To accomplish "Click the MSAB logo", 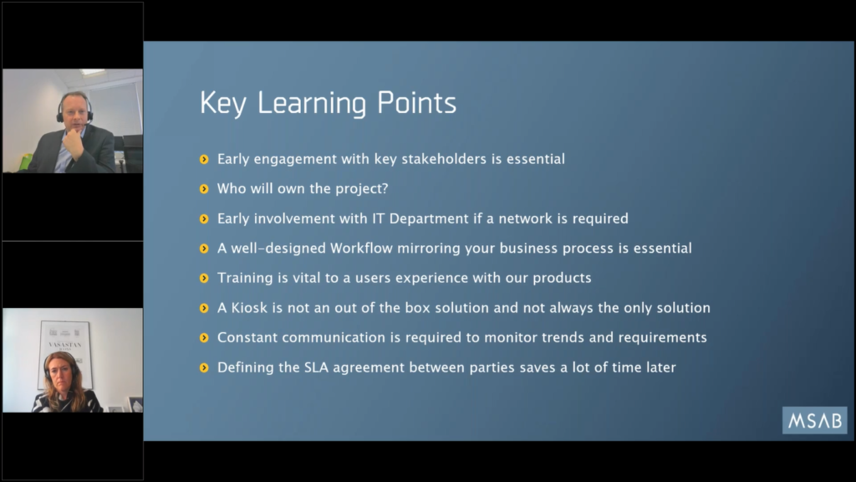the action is [814, 420].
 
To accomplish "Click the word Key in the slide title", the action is [223, 104].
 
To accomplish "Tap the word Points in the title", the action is [416, 102].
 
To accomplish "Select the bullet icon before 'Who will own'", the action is [204, 189].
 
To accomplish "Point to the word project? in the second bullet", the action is [362, 189].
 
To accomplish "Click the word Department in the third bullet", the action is [429, 218].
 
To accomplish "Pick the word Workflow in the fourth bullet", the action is [361, 248].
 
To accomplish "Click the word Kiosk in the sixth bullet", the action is [249, 308].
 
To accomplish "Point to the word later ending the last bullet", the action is [661, 367].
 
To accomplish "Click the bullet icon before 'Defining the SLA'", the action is [204, 368].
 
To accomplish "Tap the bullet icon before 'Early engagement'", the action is [204, 160].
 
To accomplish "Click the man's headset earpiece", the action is [60, 116].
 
